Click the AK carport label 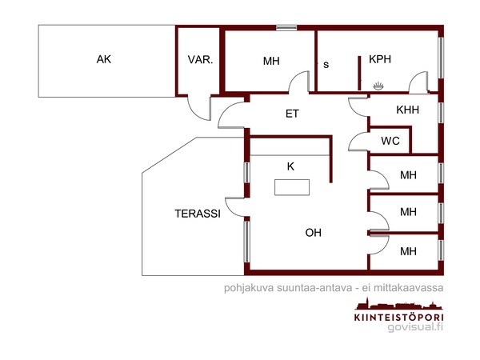coord(103,59)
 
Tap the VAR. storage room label coord(199,60)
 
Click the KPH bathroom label coord(380,58)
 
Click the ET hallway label coord(292,114)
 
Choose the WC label coord(390,141)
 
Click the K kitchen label coord(291,166)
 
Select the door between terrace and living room coord(237,207)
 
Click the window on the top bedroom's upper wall coord(286,29)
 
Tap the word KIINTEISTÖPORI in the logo coord(398,317)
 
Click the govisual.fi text coord(414,327)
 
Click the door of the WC coord(358,142)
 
